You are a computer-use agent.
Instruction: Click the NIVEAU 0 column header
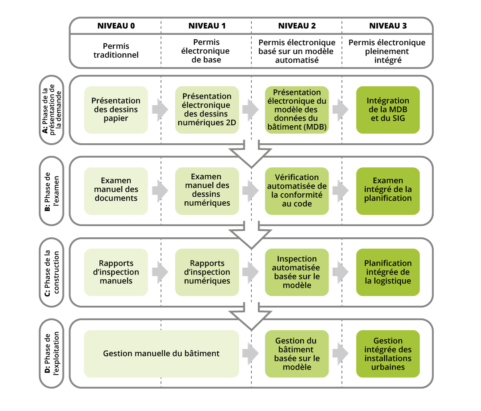[x=116, y=26]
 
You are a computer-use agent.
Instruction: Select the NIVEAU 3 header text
[x=388, y=26]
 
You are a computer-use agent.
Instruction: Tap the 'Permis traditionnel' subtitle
[x=116, y=50]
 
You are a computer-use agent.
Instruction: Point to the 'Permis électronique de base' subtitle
[x=206, y=51]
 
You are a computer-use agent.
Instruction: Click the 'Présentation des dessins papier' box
[x=116, y=110]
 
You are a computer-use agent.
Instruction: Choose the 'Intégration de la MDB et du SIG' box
[x=388, y=110]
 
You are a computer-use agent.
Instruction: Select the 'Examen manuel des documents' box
[x=116, y=191]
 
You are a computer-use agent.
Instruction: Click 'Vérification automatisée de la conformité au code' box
[x=297, y=191]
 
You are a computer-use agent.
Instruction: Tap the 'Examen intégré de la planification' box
[x=388, y=191]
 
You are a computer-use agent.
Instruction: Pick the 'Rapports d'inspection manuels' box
[x=116, y=272]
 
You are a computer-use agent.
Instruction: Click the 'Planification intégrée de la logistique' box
[x=388, y=272]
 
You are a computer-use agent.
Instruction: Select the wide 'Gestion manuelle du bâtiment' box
[x=162, y=354]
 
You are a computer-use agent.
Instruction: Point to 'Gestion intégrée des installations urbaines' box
[x=388, y=354]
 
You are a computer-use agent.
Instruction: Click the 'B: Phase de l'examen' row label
[x=52, y=191]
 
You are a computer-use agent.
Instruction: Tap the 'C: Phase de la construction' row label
[x=52, y=272]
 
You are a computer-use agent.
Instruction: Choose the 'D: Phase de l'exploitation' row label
[x=52, y=354]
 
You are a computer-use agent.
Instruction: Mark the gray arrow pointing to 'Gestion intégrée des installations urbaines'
[x=341, y=353]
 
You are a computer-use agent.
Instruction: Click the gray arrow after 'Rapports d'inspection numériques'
[x=251, y=272]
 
